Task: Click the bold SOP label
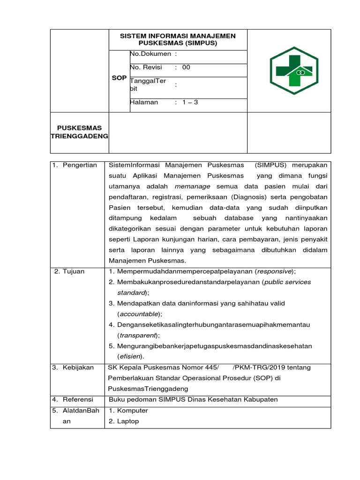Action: click(x=119, y=78)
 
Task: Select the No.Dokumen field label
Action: click(x=150, y=54)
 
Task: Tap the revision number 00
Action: click(x=186, y=67)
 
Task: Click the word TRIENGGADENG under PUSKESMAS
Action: click(x=79, y=136)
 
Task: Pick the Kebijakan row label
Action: click(x=78, y=367)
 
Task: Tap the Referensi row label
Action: click(x=78, y=399)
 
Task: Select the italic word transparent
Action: click(x=138, y=335)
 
